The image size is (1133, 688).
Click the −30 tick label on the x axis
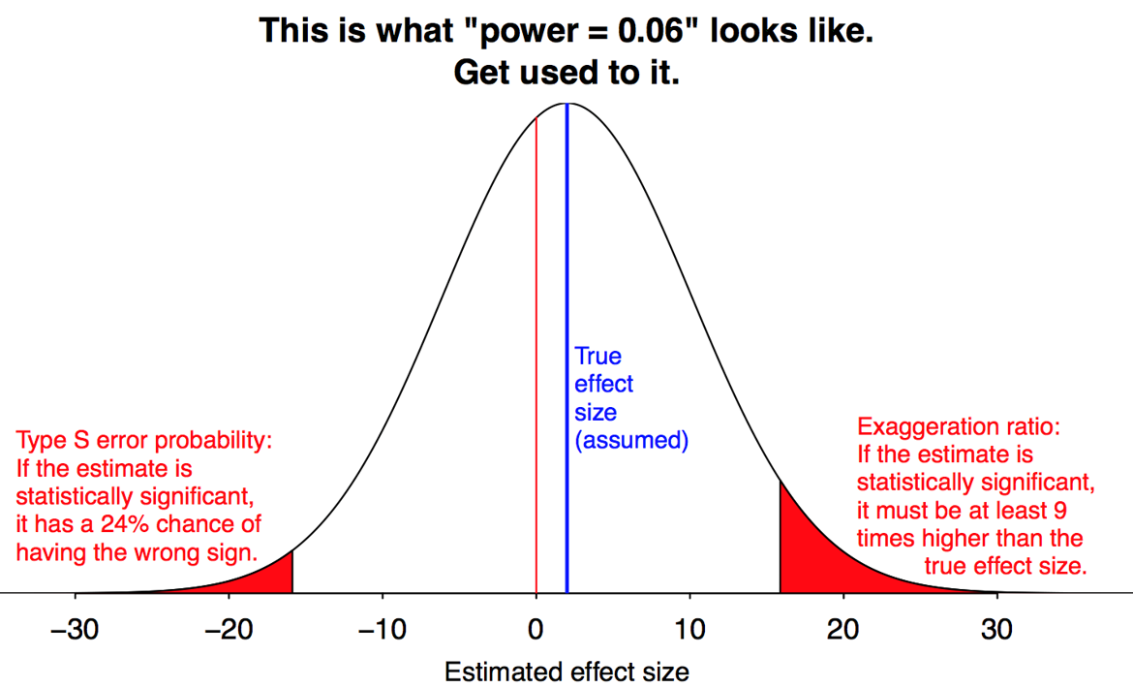click(74, 631)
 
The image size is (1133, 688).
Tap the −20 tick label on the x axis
click(228, 631)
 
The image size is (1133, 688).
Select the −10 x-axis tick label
click(382, 631)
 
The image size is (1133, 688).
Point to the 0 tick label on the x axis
click(536, 631)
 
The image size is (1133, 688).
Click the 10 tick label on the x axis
click(689, 631)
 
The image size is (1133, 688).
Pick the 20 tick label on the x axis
click(843, 631)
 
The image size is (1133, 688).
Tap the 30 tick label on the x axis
click(997, 631)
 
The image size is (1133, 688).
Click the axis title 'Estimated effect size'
click(566, 672)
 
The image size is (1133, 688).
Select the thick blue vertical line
click(566, 291)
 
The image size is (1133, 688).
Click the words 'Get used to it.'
click(566, 72)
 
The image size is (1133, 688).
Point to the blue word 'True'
click(597, 357)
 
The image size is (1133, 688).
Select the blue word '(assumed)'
click(630, 441)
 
